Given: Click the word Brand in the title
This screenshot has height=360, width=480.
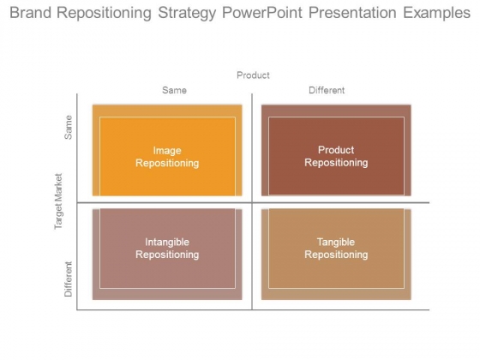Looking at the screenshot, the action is coord(30,13).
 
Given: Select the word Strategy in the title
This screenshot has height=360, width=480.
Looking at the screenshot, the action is coord(187,14).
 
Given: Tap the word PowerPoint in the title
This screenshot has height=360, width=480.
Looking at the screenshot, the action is coord(262,13).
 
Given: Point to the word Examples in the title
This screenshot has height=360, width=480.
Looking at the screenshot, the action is coord(436,14).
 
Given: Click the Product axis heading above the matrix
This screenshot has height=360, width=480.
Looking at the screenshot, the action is coord(253,75).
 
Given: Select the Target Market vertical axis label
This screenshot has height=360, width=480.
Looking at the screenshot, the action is coord(58,201).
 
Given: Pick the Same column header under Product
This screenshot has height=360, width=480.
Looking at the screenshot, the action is coord(174,90).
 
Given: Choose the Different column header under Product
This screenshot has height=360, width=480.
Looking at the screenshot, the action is coord(327,90).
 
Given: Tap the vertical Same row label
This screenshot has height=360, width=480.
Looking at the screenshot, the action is coord(68,128).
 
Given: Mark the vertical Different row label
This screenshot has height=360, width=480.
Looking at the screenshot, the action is coord(68,279).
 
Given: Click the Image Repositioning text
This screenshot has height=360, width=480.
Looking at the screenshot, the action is coord(167,157).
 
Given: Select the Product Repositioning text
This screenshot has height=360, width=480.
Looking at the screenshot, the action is coord(336,156).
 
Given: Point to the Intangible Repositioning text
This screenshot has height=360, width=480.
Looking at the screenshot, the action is coord(167,249).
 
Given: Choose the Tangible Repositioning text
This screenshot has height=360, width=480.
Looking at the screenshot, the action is coord(336,249).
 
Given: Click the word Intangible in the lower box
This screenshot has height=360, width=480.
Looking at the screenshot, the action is coord(167,242).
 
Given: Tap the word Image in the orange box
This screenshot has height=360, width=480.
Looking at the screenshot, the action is coord(167,151).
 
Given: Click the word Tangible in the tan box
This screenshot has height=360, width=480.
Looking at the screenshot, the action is coord(336,242).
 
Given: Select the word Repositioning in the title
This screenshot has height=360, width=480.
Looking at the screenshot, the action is coord(105,14).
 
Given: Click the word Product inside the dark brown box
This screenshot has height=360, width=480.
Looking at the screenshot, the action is coord(336,150).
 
